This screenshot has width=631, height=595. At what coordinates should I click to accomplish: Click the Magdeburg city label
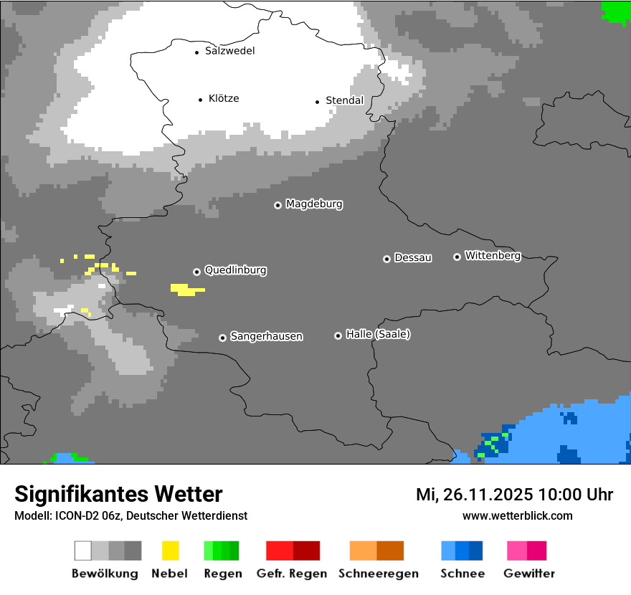314,204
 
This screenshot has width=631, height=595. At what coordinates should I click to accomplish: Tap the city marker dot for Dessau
386,259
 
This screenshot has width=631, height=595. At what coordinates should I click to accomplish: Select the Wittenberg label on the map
492,256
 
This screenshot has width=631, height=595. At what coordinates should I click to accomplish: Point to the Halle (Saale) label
378,335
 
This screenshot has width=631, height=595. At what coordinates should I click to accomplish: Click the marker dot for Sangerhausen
222,338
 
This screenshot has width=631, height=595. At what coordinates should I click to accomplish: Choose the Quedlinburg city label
235,270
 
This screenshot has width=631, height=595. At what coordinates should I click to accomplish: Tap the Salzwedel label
229,51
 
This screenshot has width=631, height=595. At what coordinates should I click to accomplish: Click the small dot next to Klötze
200,100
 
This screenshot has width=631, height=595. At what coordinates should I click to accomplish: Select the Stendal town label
344,101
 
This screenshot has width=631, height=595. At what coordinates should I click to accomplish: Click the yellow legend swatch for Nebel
170,551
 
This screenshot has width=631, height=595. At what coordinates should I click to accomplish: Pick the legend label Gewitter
528,573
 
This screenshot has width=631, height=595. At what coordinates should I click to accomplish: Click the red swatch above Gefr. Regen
280,551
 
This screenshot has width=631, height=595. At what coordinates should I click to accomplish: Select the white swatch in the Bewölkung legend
83,551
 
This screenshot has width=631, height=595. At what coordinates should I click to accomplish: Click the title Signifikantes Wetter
118,494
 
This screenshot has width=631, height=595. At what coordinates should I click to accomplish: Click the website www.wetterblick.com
517,516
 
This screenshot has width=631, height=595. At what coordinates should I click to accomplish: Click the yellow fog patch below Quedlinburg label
186,290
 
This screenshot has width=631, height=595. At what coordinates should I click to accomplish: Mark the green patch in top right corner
615,11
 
